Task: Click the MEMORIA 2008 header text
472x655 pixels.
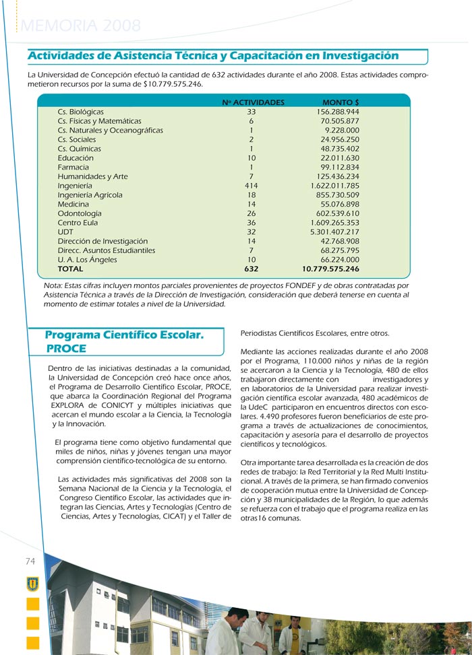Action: tap(81, 26)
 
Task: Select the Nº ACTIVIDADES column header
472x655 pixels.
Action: tap(253, 102)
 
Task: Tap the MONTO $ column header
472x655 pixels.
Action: tap(341, 102)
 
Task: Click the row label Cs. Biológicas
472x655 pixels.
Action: tap(81, 112)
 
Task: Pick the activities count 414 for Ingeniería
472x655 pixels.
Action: tap(252, 186)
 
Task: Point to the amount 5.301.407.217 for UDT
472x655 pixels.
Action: tap(335, 232)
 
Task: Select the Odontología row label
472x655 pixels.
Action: tap(79, 213)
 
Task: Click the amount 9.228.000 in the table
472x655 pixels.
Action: tap(342, 130)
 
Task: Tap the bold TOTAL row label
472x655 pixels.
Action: tap(71, 269)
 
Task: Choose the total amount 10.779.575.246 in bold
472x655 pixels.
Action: tap(330, 269)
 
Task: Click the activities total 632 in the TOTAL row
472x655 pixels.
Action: tap(252, 269)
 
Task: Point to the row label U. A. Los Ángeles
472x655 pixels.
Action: tap(88, 259)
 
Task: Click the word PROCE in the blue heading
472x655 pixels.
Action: tap(66, 349)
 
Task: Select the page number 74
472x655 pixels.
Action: tap(30, 561)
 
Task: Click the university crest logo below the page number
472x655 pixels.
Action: tap(32, 584)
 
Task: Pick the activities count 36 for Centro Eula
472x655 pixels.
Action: tap(252, 223)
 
